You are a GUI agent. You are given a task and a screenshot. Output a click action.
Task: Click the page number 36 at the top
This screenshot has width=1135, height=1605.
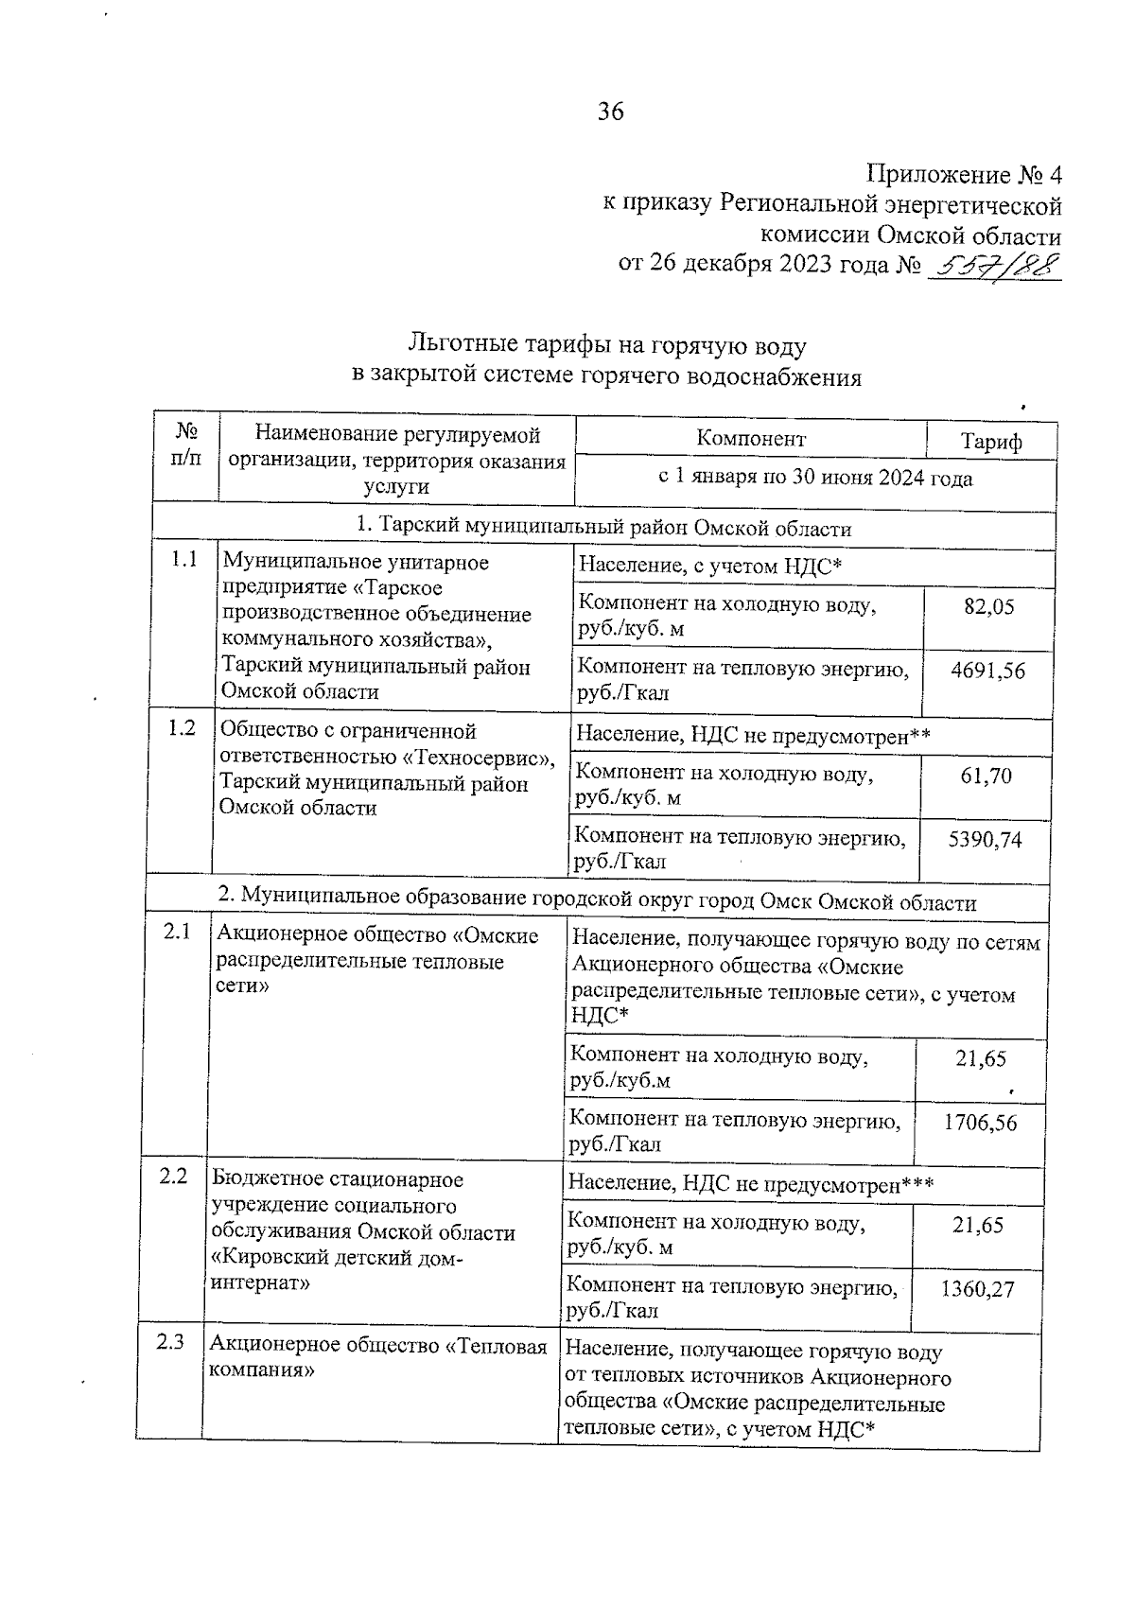click(x=611, y=113)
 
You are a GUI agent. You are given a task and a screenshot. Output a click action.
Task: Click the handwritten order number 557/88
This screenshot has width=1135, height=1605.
click(x=994, y=267)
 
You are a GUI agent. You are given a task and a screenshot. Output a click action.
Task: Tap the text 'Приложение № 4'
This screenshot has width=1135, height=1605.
click(x=964, y=175)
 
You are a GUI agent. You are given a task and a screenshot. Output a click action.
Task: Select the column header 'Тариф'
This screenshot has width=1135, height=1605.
click(x=991, y=442)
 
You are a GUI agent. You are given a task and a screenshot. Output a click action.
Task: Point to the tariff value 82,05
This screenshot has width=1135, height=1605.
click(x=988, y=606)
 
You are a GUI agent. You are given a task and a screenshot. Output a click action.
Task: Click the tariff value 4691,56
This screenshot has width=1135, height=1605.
click(x=987, y=671)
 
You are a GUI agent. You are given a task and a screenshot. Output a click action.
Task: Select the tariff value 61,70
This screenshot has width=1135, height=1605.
click(x=986, y=776)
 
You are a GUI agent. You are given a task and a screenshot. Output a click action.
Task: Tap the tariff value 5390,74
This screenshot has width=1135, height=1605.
click(x=985, y=840)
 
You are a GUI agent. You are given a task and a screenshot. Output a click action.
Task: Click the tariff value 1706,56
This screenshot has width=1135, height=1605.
click(x=980, y=1123)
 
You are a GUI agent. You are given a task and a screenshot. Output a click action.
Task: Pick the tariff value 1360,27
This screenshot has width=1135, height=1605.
click(x=977, y=1289)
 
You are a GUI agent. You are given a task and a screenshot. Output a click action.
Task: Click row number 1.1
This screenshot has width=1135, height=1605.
click(x=184, y=559)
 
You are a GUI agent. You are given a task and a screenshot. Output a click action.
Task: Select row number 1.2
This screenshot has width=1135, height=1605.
click(x=182, y=727)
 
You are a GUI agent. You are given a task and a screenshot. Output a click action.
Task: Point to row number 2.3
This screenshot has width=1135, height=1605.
click(x=170, y=1341)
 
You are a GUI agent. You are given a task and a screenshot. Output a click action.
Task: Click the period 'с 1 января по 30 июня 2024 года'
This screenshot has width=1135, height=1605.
click(x=814, y=479)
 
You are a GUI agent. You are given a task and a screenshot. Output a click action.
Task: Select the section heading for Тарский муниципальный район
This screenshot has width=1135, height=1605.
click(x=603, y=528)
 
